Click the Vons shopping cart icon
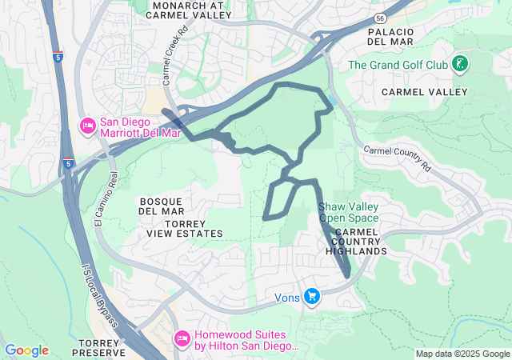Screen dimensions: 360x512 (312, 297)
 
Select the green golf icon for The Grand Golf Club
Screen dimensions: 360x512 (460, 63)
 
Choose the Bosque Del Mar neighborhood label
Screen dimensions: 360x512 (162, 206)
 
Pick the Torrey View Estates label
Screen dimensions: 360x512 (184, 228)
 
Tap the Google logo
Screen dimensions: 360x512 (26, 350)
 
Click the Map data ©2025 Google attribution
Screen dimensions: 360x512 (462, 354)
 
